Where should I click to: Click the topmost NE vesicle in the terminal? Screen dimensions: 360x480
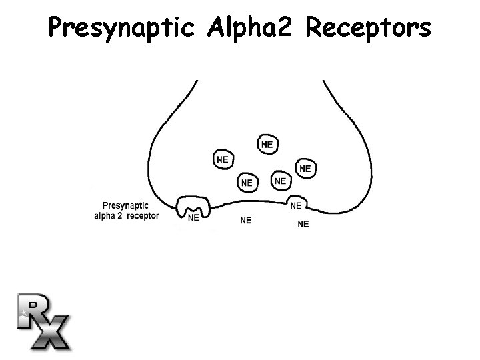tap(267, 144)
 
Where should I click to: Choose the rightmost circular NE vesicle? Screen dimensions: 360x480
tap(305, 169)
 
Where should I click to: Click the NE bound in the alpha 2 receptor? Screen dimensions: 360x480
tap(193, 217)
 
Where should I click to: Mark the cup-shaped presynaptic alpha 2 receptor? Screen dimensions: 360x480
tap(193, 207)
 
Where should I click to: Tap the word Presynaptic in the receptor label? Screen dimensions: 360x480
tap(126, 206)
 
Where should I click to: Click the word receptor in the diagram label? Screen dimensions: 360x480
tap(143, 216)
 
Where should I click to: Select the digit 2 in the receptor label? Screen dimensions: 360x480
tap(119, 216)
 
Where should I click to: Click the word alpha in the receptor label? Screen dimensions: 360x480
tap(105, 216)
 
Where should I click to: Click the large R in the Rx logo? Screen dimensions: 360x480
tap(33, 310)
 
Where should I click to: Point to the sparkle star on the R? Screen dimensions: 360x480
tap(25, 311)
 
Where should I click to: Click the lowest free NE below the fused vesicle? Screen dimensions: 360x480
tap(303, 224)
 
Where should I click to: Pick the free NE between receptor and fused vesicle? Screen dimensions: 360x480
tap(246, 220)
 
